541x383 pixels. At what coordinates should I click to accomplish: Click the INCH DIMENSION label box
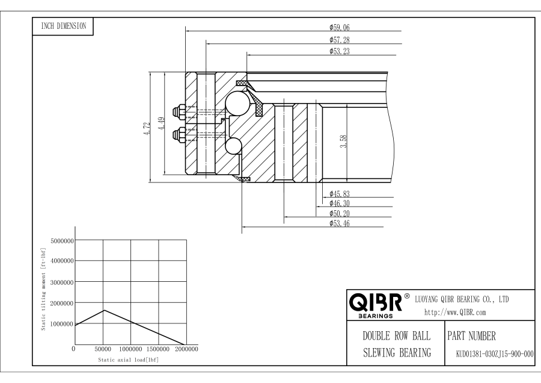point(63,26)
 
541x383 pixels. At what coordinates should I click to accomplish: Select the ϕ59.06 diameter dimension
point(340,27)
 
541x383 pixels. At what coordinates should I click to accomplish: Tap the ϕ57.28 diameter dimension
point(340,40)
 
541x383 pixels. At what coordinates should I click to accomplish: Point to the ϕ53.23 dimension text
point(340,51)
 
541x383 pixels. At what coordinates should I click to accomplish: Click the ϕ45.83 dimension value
point(340,194)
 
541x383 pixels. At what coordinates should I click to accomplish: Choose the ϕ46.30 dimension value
point(340,204)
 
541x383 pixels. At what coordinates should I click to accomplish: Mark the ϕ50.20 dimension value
point(340,213)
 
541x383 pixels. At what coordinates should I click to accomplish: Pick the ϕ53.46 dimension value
point(340,223)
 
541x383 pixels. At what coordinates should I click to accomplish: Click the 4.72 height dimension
point(147,128)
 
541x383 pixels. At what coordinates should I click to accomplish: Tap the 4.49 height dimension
point(162,123)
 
